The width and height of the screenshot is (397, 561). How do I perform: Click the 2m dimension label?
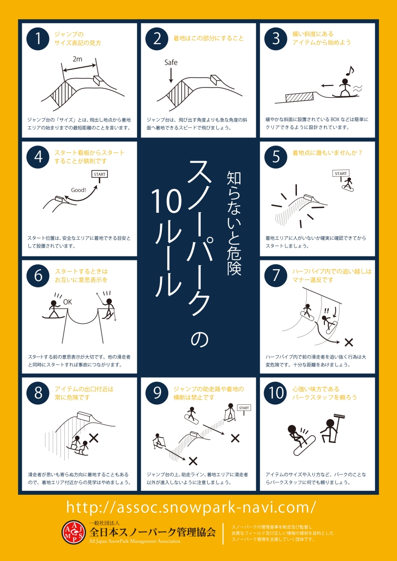[78, 59]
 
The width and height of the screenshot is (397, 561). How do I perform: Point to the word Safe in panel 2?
[171, 62]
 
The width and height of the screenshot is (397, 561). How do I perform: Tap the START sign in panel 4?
[100, 174]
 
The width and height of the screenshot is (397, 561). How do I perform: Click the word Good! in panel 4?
[78, 190]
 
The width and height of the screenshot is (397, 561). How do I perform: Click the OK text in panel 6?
[67, 302]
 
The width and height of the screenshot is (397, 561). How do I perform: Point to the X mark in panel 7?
[349, 342]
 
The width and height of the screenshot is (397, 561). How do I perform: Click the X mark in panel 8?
[94, 437]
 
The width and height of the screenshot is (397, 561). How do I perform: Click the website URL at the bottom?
[191, 507]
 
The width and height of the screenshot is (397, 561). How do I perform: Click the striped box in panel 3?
[299, 96]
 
